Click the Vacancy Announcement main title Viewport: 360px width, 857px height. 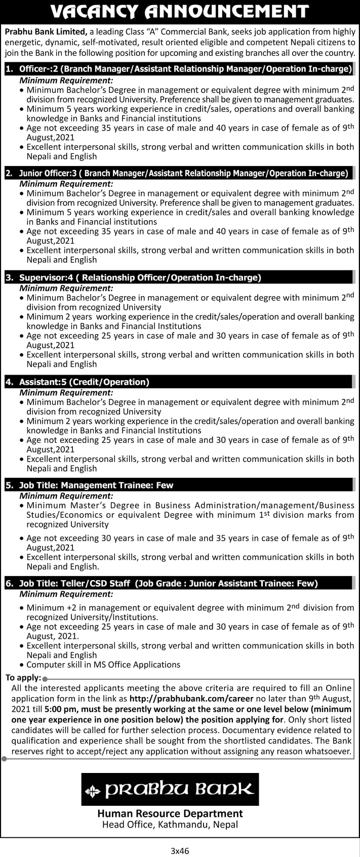(180, 11)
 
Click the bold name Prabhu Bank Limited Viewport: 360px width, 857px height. (46, 31)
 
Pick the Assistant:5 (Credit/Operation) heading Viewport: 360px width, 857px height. (84, 382)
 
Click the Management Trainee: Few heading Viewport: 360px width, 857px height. (96, 485)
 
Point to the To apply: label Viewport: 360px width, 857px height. (23, 678)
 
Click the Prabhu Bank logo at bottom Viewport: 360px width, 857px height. (170, 789)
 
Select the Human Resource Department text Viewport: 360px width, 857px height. (170, 813)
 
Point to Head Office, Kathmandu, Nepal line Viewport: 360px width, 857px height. (170, 825)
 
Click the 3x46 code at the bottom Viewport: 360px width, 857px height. (180, 851)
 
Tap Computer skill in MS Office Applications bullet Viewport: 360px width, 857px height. (103, 665)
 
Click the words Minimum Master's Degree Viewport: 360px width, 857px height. (86, 505)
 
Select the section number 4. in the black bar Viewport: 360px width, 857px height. (9, 382)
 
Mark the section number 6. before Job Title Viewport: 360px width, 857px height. (9, 583)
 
